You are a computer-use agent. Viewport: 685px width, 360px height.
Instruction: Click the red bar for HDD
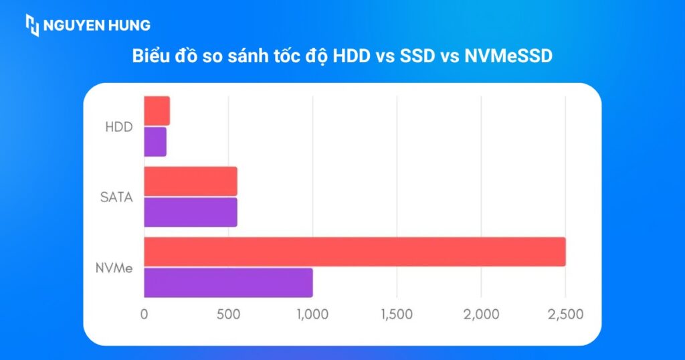(157, 110)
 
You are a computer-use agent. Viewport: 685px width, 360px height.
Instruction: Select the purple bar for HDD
(155, 141)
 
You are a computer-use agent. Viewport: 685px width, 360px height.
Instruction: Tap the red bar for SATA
(191, 181)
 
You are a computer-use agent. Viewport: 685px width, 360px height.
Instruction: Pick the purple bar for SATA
(191, 212)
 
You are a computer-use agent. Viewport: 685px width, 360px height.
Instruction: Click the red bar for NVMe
(355, 252)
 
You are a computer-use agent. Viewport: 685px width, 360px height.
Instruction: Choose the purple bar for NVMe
(228, 282)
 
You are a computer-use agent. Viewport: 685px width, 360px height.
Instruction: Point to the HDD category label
(119, 126)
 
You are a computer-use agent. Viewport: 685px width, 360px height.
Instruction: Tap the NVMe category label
(114, 268)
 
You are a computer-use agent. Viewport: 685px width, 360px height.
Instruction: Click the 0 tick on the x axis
(144, 314)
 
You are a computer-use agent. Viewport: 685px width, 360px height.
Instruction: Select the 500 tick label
(228, 314)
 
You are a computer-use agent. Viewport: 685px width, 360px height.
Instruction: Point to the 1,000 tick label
(312, 314)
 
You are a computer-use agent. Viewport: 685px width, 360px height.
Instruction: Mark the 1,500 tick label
(397, 314)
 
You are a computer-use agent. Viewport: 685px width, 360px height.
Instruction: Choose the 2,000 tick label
(481, 314)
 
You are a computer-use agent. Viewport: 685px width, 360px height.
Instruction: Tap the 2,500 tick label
(565, 314)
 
